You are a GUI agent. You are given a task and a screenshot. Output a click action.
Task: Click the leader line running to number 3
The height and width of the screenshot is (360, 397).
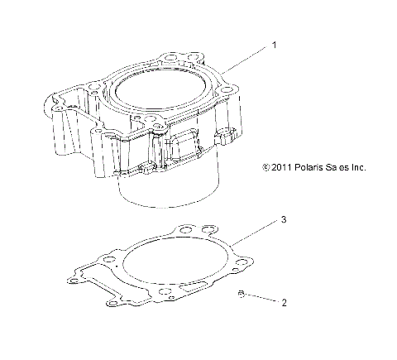coord(256,232)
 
